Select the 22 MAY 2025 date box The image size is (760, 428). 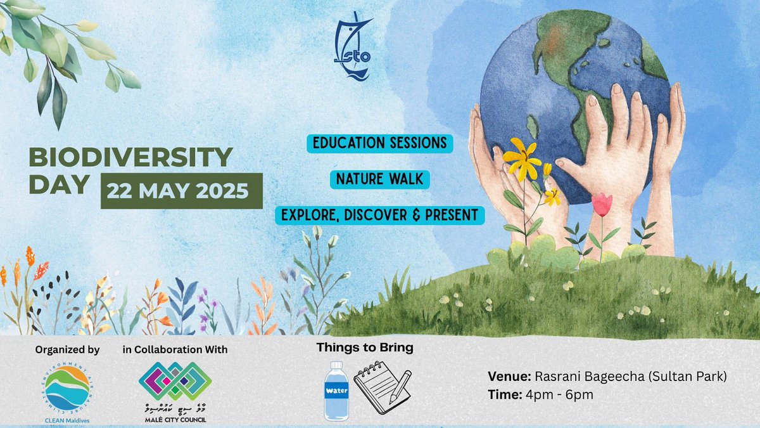[x=181, y=191]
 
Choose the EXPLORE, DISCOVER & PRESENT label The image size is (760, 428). [x=379, y=215]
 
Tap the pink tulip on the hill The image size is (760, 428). [x=602, y=204]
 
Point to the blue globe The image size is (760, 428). [x=570, y=95]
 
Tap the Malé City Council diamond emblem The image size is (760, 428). [x=175, y=380]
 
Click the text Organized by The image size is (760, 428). [x=67, y=349]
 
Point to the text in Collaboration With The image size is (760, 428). [x=175, y=349]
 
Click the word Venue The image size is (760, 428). [x=505, y=377]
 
